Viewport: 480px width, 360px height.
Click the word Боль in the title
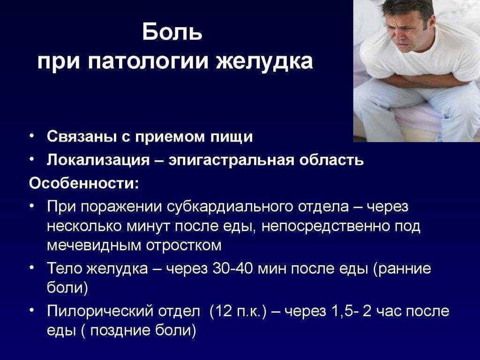pyautogui.click(x=172, y=31)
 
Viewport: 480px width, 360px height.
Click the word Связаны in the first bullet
pyautogui.click(x=82, y=136)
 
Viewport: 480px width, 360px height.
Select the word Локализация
pyautogui.click(x=98, y=160)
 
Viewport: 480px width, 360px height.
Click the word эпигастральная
pyautogui.click(x=232, y=160)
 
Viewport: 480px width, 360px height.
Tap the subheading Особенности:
pyautogui.click(x=84, y=183)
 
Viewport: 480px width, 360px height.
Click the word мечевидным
pyautogui.click(x=94, y=246)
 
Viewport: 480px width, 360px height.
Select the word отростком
pyautogui.click(x=184, y=246)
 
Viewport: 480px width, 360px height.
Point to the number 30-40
pyautogui.click(x=232, y=269)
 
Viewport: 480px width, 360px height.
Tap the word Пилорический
pyautogui.click(x=100, y=312)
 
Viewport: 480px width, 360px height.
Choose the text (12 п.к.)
pyautogui.click(x=238, y=312)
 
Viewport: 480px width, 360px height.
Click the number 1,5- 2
pyautogui.click(x=351, y=312)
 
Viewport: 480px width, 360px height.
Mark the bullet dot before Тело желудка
pyautogui.click(x=32, y=267)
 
